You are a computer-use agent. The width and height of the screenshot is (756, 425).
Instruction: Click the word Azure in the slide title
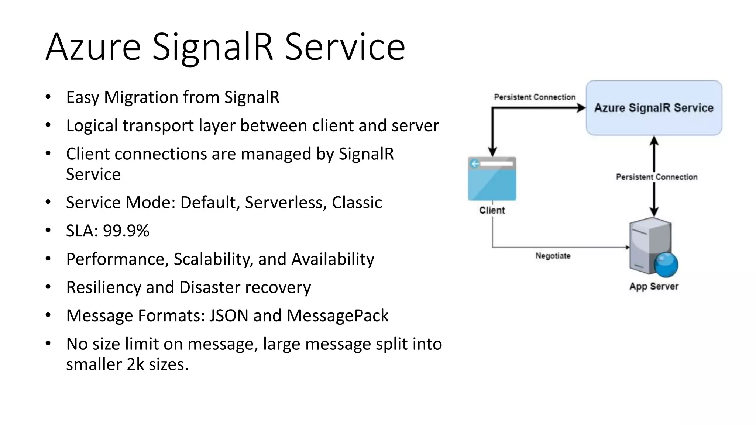coord(93,47)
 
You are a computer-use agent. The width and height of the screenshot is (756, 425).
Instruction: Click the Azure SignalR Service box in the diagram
coord(654,108)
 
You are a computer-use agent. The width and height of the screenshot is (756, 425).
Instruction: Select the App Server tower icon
coord(650,246)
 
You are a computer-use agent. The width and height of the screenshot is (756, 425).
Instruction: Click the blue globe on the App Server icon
coord(666,265)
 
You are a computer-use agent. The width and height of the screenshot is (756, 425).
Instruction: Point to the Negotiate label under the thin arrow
coord(553,256)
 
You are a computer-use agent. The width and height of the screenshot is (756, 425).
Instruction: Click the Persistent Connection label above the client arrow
coord(535,97)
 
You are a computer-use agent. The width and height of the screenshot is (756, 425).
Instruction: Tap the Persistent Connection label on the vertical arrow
coord(657,177)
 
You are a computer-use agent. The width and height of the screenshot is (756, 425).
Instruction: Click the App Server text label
coord(654,287)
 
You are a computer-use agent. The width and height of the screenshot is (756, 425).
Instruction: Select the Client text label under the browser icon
coord(492,210)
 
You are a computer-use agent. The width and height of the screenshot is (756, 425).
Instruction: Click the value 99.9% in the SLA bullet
coord(126,231)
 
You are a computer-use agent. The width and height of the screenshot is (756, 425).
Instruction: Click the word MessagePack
coord(337,316)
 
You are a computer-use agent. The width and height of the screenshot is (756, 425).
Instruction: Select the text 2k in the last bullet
coord(135,364)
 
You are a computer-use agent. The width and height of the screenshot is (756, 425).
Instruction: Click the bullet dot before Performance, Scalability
coord(48,259)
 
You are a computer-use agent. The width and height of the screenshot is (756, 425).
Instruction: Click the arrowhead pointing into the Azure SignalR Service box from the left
coord(581,108)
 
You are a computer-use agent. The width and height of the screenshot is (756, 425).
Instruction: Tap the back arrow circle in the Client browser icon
coord(475,163)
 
